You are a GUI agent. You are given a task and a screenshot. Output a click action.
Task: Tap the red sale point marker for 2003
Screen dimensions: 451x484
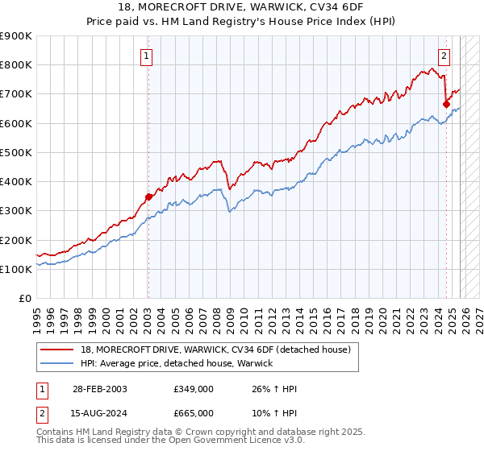148,197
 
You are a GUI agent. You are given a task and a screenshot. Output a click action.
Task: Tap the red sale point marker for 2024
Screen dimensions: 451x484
446,104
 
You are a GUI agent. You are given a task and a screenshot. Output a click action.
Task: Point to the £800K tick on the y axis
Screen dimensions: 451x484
16,65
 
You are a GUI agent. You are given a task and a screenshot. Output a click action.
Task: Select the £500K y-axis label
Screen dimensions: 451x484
16,152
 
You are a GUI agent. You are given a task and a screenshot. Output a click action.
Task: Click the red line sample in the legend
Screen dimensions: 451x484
58,350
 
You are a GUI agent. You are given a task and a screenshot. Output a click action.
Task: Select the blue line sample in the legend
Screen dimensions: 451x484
58,364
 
